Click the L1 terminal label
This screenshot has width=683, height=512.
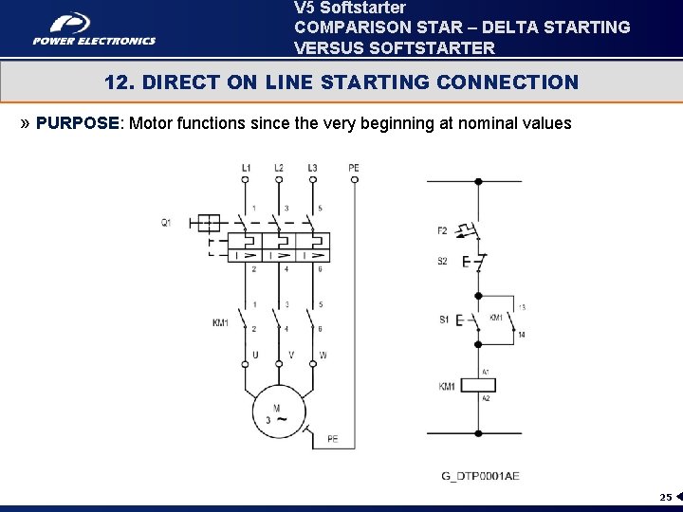pyautogui.click(x=246, y=168)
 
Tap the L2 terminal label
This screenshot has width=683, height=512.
pyautogui.click(x=278, y=168)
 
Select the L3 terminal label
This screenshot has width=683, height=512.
pyautogui.click(x=312, y=168)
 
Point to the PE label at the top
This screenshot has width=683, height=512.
pyautogui.click(x=353, y=168)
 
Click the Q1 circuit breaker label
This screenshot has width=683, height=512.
pyautogui.click(x=166, y=223)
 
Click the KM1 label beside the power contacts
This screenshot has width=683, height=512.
pyautogui.click(x=220, y=323)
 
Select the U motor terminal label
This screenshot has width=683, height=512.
pyautogui.click(x=254, y=356)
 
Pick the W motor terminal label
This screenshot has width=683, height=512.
pyautogui.click(x=323, y=356)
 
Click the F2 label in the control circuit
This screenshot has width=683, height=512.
pyautogui.click(x=442, y=230)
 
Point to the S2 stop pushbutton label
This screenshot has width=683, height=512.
pyautogui.click(x=442, y=262)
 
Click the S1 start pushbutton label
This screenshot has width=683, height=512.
pyautogui.click(x=443, y=320)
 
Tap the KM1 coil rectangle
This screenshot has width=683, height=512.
pyautogui.click(x=478, y=386)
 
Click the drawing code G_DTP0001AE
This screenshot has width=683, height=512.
pyautogui.click(x=481, y=475)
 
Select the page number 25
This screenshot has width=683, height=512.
pyautogui.click(x=665, y=497)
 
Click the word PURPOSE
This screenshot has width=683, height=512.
pyautogui.click(x=78, y=123)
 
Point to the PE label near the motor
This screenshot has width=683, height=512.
pyautogui.click(x=332, y=439)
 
